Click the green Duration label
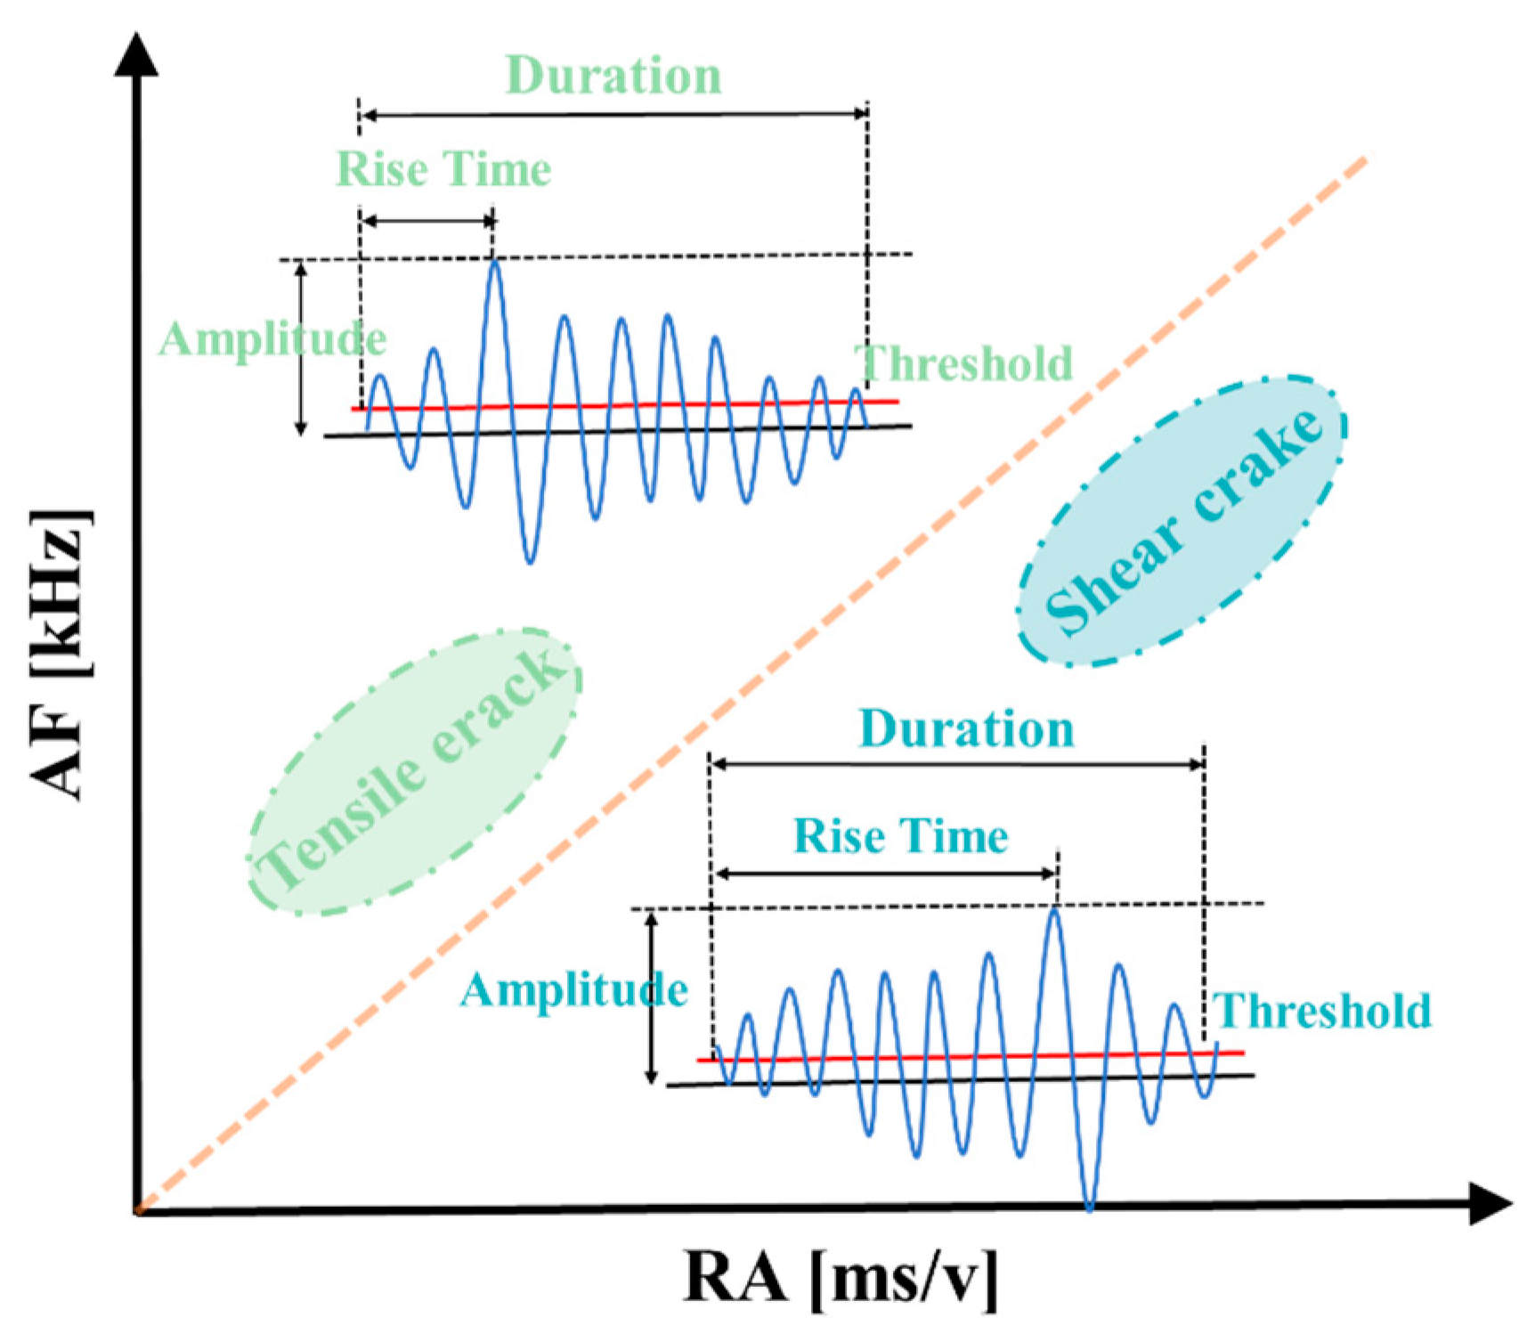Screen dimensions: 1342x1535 (613, 76)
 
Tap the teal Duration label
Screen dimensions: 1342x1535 (966, 729)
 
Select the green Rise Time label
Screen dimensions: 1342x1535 (443, 169)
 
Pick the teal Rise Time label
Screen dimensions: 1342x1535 (900, 836)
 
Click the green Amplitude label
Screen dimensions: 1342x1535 (272, 339)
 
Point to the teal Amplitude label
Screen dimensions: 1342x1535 (573, 990)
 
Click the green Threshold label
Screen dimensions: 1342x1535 (964, 363)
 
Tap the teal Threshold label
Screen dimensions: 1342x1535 (1322, 1011)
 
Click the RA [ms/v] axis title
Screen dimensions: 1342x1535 (841, 1279)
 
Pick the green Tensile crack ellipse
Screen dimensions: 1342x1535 (414, 771)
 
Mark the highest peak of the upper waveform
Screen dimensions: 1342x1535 (495, 262)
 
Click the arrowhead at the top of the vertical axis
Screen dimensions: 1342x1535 (136, 55)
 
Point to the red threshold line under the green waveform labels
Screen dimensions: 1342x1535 (623, 405)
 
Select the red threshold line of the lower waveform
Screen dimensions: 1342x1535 (971, 1057)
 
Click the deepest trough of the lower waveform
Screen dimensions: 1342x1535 (1090, 1207)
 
